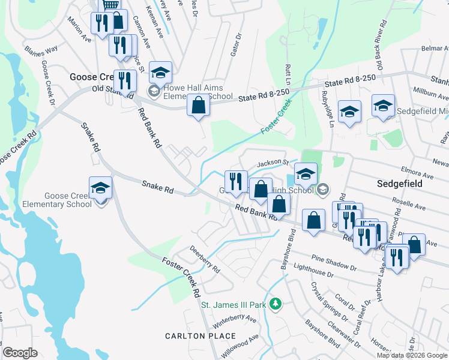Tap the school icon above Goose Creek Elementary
pyautogui.click(x=101, y=187)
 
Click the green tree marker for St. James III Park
pyautogui.click(x=276, y=304)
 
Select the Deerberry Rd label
pyautogui.click(x=205, y=259)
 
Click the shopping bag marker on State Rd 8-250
pyautogui.click(x=199, y=106)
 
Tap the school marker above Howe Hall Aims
pyautogui.click(x=160, y=73)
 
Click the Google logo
pyautogui.click(x=20, y=353)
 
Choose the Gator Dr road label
pyautogui.click(x=235, y=45)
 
